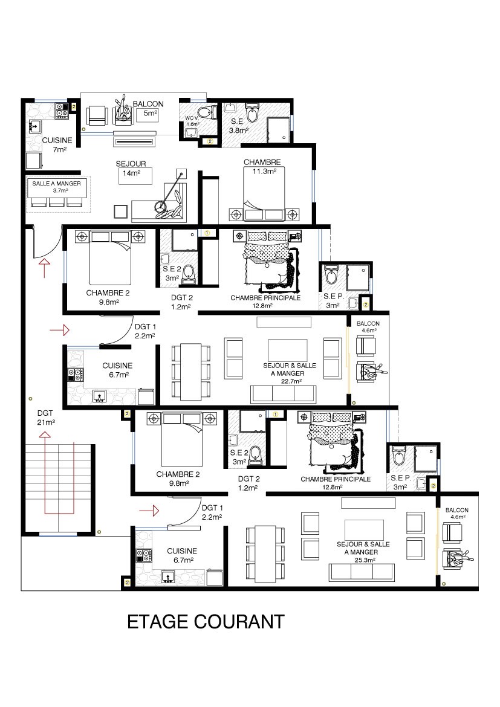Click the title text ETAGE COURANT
[x=206, y=622]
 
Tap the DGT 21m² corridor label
[x=45, y=418]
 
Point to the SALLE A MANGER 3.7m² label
[x=56, y=187]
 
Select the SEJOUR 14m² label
[x=131, y=168]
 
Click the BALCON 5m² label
[x=148, y=108]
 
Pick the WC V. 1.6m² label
[x=192, y=121]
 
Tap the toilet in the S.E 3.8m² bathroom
[x=252, y=112]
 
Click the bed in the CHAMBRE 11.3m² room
[x=264, y=194]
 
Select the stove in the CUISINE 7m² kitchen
[x=62, y=111]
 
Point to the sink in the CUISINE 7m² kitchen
[x=34, y=126]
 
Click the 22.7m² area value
[x=291, y=381]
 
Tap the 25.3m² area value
[x=365, y=560]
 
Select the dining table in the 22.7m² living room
[x=191, y=372]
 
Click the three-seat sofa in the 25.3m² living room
[x=362, y=572]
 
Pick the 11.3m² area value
[x=264, y=172]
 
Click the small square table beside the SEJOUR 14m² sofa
[x=121, y=212]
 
